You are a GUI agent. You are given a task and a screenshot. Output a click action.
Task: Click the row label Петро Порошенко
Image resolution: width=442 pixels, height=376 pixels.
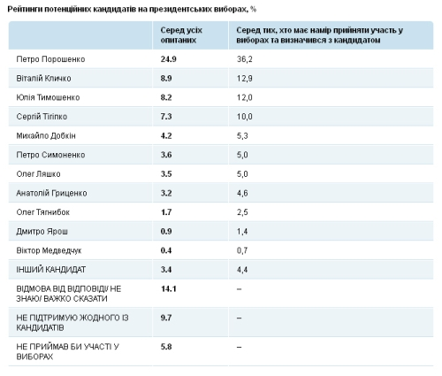(x=50, y=59)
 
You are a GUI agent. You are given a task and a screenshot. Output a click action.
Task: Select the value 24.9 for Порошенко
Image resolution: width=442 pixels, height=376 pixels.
(x=169, y=59)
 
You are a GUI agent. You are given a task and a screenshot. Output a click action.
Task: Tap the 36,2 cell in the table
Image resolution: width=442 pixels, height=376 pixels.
(x=245, y=59)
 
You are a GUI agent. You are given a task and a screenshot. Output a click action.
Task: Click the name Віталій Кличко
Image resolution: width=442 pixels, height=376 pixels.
(x=43, y=79)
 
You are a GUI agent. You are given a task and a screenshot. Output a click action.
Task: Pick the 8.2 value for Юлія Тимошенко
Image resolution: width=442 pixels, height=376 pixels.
(x=166, y=97)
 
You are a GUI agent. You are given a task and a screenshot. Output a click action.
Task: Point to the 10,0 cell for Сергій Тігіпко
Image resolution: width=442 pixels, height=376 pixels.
(x=245, y=117)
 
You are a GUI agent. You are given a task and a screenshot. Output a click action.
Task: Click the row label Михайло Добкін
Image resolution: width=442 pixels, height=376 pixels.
(x=46, y=136)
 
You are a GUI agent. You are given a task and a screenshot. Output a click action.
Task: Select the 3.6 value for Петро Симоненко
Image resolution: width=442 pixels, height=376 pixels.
(x=166, y=155)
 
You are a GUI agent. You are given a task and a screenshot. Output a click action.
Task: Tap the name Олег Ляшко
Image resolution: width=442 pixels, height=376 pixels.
(x=38, y=174)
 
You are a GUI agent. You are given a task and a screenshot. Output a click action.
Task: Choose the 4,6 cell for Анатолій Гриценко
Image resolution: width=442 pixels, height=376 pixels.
(x=242, y=193)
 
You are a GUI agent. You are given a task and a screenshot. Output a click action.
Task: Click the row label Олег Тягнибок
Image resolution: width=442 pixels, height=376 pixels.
(x=43, y=212)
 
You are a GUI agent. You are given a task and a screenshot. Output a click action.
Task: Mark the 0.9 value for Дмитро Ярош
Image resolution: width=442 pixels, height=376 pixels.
(x=166, y=232)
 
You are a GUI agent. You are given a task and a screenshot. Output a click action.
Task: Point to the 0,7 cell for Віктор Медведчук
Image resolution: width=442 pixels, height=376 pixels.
(x=242, y=250)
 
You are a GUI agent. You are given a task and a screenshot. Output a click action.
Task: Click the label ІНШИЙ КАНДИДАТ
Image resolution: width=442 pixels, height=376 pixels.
(x=51, y=270)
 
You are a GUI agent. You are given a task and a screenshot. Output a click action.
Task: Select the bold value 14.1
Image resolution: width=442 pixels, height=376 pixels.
(x=169, y=288)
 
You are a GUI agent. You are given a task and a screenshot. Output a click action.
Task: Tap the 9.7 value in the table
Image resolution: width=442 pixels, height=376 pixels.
(x=166, y=318)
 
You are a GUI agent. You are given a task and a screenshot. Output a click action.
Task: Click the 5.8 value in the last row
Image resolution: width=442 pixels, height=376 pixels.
(x=166, y=347)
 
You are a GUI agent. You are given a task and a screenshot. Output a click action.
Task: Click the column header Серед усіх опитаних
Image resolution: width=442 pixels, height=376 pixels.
(x=181, y=35)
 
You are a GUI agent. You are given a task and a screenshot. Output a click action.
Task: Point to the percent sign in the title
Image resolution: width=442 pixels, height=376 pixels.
(x=253, y=10)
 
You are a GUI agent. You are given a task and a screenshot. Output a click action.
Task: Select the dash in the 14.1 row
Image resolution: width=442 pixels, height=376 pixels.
(x=239, y=289)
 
